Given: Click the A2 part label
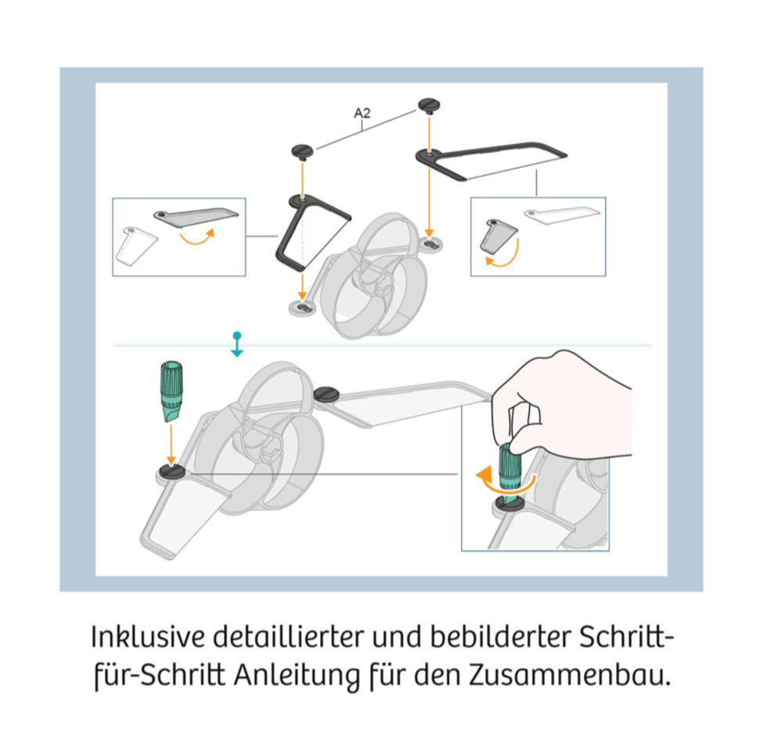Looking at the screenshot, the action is point(362,113).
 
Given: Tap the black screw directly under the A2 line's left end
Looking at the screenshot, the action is point(302,151).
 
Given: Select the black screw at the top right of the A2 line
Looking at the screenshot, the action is point(429,106).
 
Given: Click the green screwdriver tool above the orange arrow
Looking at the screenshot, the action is point(171,391).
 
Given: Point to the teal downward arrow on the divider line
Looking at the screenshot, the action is point(237,344).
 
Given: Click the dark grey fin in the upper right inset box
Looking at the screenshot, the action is point(498,235).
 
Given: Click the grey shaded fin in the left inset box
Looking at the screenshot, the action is point(196,215).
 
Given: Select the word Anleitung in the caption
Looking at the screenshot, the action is point(297,676).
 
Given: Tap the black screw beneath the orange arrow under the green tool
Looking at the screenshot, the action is point(172,471).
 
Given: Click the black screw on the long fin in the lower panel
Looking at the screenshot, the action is point(327,394).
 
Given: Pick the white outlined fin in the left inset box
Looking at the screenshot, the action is point(136,246).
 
